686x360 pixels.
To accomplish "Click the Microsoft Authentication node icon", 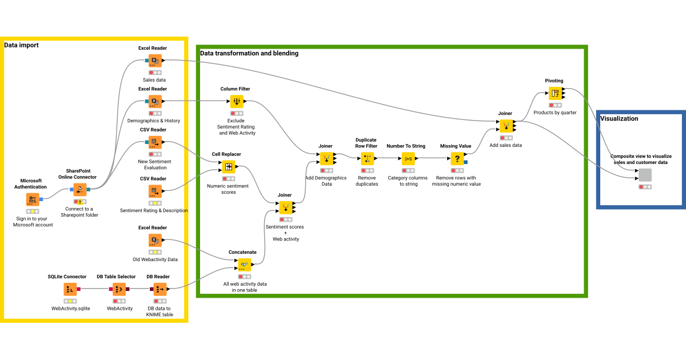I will click(33, 199).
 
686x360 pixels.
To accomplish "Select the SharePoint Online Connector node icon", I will click(80, 189).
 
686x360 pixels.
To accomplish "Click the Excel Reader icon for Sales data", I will click(154, 61).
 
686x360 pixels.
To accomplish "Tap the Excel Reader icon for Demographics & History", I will click(154, 102).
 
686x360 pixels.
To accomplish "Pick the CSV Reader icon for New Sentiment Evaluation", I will click(154, 142).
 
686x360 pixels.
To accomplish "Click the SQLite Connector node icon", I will click(70, 289).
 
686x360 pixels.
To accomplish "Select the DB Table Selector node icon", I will click(119, 289).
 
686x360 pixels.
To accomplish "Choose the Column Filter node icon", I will click(237, 102).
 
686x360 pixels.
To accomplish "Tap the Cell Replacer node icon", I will click(229, 167).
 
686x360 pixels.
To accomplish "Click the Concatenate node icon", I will click(245, 265).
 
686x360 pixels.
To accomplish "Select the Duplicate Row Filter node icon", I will click(367, 158).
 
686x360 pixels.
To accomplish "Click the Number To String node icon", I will click(408, 158).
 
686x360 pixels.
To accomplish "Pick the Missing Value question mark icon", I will click(457, 158).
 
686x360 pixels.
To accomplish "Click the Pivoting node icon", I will click(555, 93).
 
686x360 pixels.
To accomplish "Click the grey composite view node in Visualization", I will click(645, 175).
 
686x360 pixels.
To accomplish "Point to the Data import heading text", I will click(22, 45).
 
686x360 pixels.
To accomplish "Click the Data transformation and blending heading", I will click(249, 53).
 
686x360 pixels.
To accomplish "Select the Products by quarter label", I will click(555, 113).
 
